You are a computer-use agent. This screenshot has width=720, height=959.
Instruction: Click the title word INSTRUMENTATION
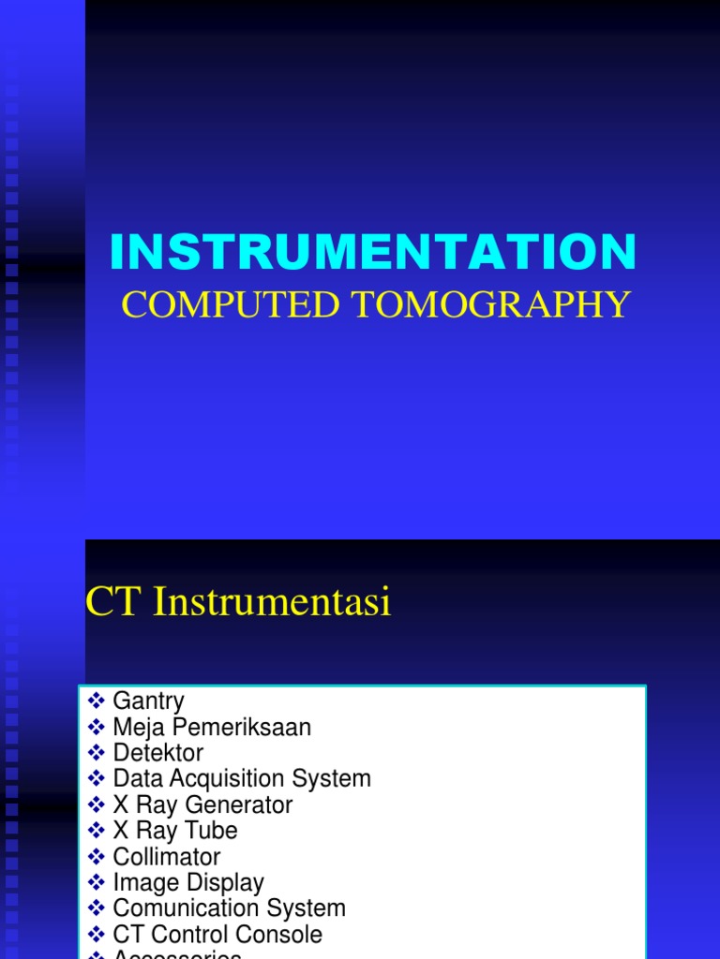point(373,252)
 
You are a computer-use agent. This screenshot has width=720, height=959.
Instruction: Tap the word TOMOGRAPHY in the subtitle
point(488,304)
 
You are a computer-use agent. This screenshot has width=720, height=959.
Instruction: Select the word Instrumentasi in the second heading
point(272,602)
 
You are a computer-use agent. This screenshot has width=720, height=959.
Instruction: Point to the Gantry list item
point(148,701)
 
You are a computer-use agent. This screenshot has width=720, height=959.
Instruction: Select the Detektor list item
point(157,753)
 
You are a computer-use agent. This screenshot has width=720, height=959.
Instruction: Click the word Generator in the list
point(239,804)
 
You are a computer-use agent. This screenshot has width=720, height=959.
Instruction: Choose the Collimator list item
point(166,857)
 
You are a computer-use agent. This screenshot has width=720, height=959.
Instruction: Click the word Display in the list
point(225,882)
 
